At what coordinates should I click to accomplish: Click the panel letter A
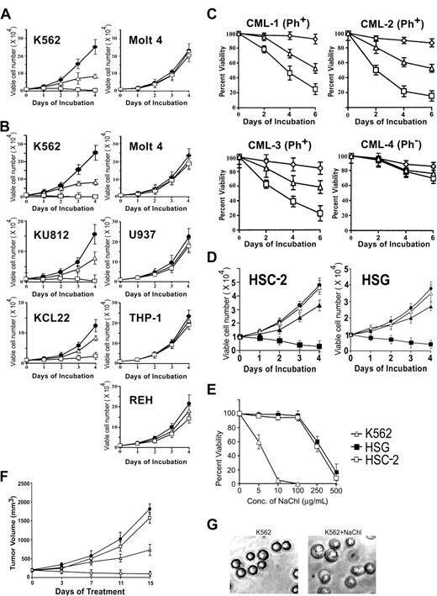[8, 8]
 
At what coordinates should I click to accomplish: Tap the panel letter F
[7, 464]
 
